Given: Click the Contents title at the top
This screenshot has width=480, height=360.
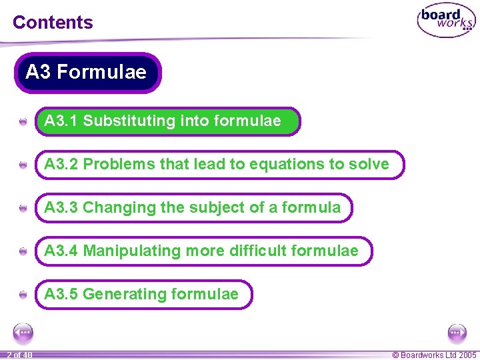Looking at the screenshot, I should pyautogui.click(x=53, y=22).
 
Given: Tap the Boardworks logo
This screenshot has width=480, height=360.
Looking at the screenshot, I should pyautogui.click(x=445, y=21).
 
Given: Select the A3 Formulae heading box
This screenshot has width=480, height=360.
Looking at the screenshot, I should pyautogui.click(x=87, y=72).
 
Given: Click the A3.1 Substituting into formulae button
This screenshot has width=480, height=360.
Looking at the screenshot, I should pyautogui.click(x=167, y=121).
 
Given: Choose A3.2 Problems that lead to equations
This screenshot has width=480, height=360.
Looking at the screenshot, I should pyautogui.click(x=219, y=165).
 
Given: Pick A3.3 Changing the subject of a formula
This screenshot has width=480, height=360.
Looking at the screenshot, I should pyautogui.click(x=193, y=207).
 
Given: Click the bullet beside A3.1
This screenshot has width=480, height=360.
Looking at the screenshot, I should pyautogui.click(x=23, y=122).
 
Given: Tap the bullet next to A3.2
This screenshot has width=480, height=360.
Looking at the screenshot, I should pyautogui.click(x=23, y=165).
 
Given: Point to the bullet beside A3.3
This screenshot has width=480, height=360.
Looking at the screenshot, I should pyautogui.click(x=23, y=208).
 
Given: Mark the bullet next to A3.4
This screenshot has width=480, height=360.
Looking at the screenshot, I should pyautogui.click(x=23, y=251).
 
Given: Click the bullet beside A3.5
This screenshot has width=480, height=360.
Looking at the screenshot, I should pyautogui.click(x=23, y=295).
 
